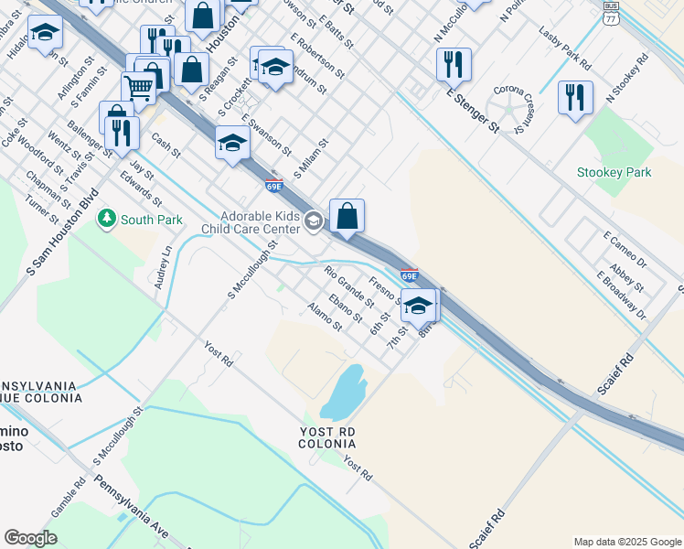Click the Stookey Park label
point(614,172)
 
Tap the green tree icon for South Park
point(108,220)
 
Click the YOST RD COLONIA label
point(326,436)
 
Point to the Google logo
point(30,538)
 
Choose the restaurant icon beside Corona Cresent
point(575,97)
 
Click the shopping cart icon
point(138,87)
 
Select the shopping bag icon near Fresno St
point(347,216)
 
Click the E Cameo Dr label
point(625,249)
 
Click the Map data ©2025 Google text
point(627,542)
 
